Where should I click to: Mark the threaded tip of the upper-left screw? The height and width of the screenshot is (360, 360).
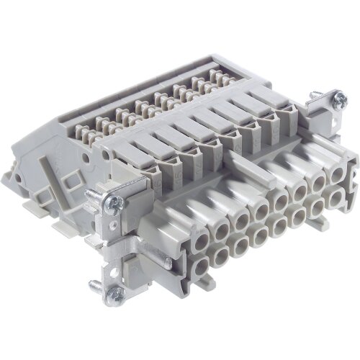pos(91,192)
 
